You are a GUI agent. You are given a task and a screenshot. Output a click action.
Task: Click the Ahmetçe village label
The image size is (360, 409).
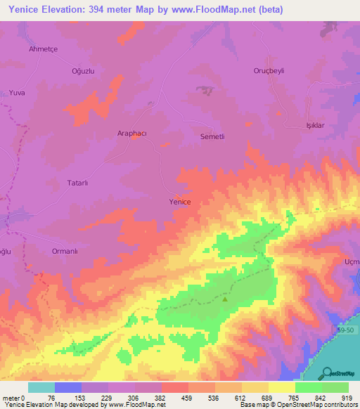pos(42,48)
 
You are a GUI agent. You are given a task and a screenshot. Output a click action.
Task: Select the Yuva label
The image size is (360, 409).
pos(17,93)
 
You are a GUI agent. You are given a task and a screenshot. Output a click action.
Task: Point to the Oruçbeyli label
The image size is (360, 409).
pos(271,71)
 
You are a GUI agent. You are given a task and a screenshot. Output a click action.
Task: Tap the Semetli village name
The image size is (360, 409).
pos(214,136)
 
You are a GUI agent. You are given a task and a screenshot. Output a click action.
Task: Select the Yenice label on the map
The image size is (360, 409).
pos(180,202)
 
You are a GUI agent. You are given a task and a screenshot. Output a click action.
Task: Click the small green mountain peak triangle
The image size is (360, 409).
pos(225,299)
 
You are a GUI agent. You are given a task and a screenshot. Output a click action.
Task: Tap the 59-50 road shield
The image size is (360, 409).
pos(345,329)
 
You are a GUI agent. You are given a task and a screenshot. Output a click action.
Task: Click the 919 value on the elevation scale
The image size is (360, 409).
pos(347,397)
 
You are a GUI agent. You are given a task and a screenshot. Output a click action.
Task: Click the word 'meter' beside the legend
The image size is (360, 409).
pos(11,397)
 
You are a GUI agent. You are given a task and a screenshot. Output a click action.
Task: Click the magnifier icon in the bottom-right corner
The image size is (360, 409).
pos(328,373)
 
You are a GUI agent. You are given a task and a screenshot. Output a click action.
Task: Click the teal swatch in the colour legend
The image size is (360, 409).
pos(41,387)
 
